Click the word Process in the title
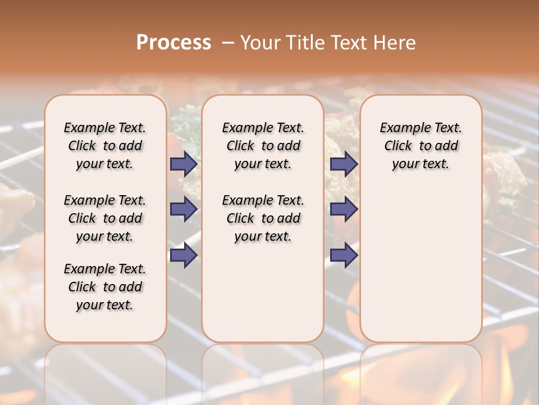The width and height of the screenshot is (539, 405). (x=173, y=43)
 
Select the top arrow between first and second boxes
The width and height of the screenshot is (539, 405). (x=184, y=164)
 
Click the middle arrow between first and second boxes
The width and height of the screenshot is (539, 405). (x=184, y=209)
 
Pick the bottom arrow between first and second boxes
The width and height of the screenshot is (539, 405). (x=184, y=255)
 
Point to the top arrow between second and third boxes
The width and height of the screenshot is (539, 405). (x=344, y=164)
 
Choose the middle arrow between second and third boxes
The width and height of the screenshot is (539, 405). (x=344, y=209)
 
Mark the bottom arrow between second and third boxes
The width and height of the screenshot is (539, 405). (x=344, y=255)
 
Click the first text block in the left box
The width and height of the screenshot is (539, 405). (x=105, y=146)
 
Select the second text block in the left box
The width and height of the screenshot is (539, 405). (x=105, y=218)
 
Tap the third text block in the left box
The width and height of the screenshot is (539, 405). (x=105, y=287)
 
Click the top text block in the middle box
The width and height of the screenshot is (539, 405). (x=263, y=146)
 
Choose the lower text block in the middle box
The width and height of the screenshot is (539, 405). (x=263, y=218)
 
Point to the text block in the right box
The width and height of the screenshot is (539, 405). (x=421, y=146)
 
